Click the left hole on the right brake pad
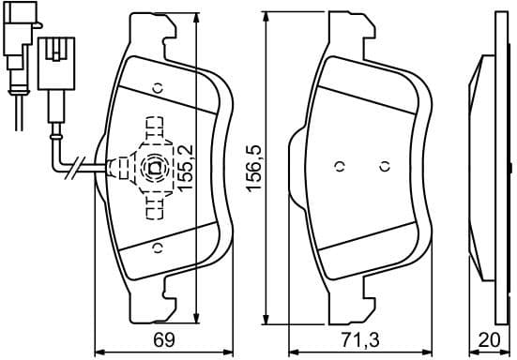[x=341, y=167]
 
